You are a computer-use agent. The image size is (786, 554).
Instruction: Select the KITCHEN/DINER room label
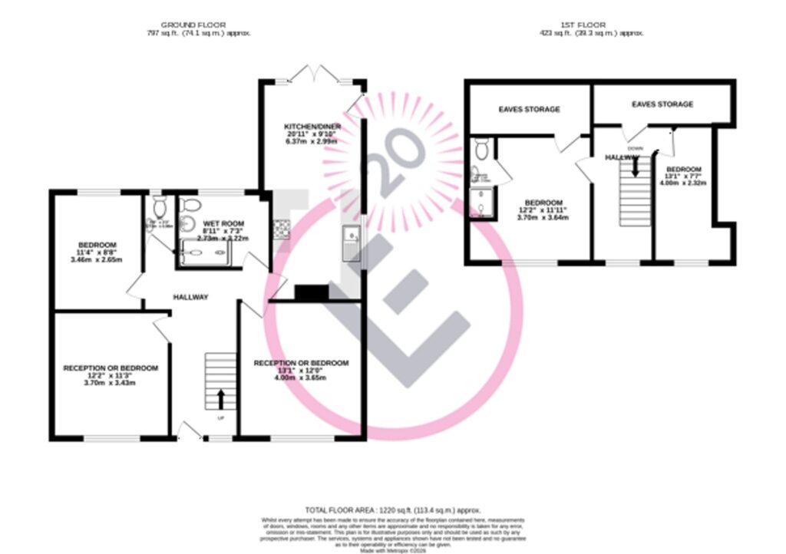(306, 125)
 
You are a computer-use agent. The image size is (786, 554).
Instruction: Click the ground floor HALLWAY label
(190, 297)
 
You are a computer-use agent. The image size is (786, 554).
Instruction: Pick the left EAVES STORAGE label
(529, 110)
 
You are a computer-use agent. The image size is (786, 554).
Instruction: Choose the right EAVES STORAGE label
(662, 104)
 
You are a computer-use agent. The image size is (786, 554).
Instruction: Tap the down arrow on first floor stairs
(634, 168)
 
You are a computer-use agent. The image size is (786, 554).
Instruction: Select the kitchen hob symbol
(280, 227)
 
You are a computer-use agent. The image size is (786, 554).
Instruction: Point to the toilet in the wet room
(190, 206)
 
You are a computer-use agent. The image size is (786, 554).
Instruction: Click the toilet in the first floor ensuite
(481, 147)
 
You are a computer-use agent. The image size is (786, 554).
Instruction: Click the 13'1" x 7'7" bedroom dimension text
(682, 176)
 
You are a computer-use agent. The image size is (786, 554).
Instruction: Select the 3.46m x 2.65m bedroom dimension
(97, 260)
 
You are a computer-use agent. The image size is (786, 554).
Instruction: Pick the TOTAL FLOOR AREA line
(392, 509)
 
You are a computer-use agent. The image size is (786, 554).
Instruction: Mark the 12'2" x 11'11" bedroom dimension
(545, 210)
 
